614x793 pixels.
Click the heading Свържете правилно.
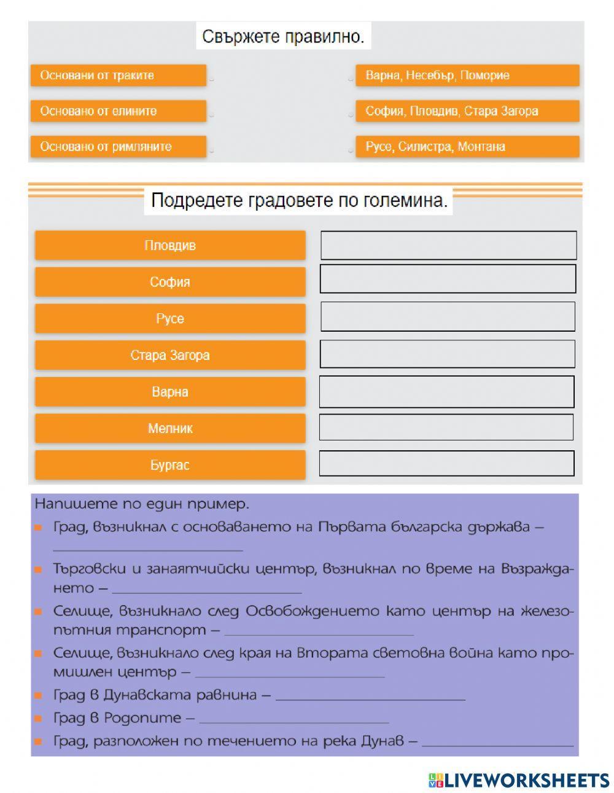click(x=283, y=37)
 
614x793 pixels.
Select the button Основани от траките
click(x=119, y=76)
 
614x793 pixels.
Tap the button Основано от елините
click(x=119, y=111)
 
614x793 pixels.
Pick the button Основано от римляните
click(x=119, y=147)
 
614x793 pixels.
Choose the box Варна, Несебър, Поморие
click(x=467, y=76)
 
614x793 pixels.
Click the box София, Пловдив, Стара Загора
click(x=467, y=111)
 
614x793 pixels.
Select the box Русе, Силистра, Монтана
click(x=467, y=147)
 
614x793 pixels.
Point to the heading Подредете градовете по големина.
click(x=298, y=201)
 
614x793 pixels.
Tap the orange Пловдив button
click(x=170, y=246)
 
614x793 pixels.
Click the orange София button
click(x=170, y=282)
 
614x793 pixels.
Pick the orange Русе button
click(x=170, y=319)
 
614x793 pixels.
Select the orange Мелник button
click(x=170, y=429)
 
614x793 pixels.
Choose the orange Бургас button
click(x=170, y=465)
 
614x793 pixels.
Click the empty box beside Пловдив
click(x=448, y=246)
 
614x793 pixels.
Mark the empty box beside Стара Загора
click(x=448, y=354)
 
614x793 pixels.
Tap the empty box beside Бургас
click(x=446, y=464)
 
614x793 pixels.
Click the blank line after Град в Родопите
click(x=294, y=719)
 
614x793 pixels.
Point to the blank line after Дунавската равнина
click(x=371, y=697)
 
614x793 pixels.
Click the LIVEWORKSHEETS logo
click(x=519, y=780)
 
